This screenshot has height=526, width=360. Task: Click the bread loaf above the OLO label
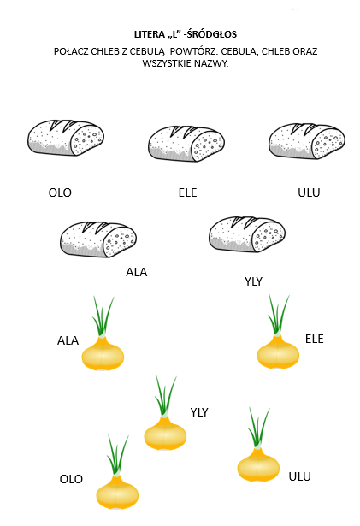point(66,138)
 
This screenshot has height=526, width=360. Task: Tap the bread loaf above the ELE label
point(186,144)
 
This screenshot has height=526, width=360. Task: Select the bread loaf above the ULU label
point(307,141)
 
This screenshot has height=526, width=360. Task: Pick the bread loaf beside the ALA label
point(98,239)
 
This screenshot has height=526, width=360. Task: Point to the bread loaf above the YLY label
point(247,234)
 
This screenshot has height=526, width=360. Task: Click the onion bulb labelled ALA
point(103,353)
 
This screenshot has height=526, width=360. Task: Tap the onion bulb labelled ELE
point(278,352)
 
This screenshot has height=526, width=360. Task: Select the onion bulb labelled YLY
point(165,433)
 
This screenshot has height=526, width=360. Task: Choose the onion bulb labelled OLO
point(117,492)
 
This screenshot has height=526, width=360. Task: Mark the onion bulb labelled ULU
point(258,465)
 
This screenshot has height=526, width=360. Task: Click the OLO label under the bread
point(60,192)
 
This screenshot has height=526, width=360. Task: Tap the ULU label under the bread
point(309,192)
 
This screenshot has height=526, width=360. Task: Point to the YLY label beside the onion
point(199,412)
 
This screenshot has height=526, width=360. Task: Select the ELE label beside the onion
point(315,339)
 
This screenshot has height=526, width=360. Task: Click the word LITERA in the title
point(150,34)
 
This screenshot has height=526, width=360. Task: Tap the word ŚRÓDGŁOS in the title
point(212,34)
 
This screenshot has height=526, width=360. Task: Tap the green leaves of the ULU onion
point(259,428)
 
